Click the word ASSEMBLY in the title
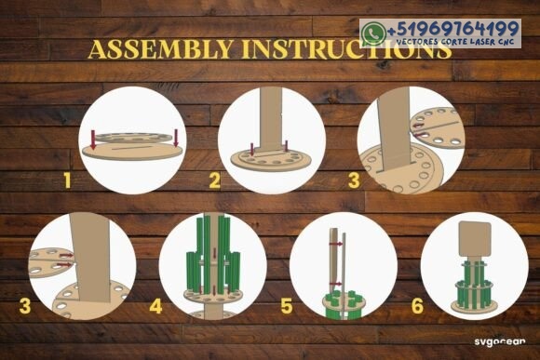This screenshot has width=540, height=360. [x=160, y=49]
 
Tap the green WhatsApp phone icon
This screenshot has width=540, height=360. [x=372, y=33]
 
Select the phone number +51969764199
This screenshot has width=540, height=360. [x=453, y=29]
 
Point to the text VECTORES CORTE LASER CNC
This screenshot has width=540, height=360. [x=455, y=42]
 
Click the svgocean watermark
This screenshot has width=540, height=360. [x=500, y=341]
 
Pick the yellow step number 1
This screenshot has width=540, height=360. [x=67, y=180]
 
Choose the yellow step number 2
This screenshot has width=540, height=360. [x=214, y=180]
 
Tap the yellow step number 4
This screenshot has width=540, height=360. [x=156, y=306]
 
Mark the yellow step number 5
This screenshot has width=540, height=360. [x=287, y=306]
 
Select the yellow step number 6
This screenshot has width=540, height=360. [x=417, y=306]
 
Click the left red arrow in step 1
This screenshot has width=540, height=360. [x=93, y=140]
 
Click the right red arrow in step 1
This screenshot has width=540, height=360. [x=176, y=138]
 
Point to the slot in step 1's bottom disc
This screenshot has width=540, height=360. [x=132, y=149]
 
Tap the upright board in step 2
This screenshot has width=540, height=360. [x=271, y=119]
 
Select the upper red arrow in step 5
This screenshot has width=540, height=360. [x=336, y=244]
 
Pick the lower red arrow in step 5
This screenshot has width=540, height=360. [x=336, y=284]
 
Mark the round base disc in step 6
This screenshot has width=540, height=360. [x=475, y=306]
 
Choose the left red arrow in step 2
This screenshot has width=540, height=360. [x=252, y=149]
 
